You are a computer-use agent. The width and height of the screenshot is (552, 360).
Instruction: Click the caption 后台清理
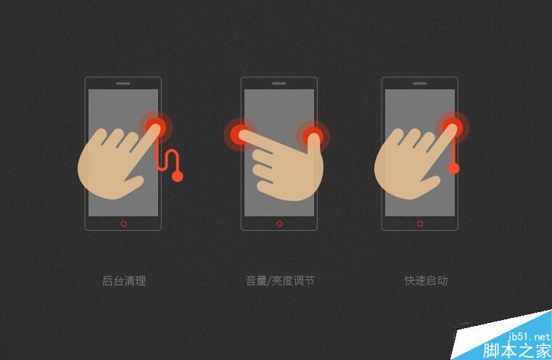coord(123,281)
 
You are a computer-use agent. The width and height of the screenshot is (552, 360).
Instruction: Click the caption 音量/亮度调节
coord(279,281)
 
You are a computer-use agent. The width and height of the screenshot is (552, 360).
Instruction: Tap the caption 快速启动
coord(426,281)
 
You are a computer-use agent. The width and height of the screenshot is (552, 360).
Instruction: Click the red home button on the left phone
coord(123,224)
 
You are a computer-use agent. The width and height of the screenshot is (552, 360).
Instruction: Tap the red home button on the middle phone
coord(279,224)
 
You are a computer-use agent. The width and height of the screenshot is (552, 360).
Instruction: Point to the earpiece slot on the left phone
coord(123,83)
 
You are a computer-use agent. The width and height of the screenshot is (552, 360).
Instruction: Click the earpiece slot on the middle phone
coord(279,83)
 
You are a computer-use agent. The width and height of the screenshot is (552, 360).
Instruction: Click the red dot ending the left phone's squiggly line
coord(178,176)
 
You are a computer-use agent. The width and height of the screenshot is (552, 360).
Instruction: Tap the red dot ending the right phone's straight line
coord(453,169)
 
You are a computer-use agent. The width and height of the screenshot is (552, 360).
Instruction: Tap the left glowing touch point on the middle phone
coord(239,134)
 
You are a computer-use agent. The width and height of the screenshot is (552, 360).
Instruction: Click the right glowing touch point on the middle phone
coord(313,134)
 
